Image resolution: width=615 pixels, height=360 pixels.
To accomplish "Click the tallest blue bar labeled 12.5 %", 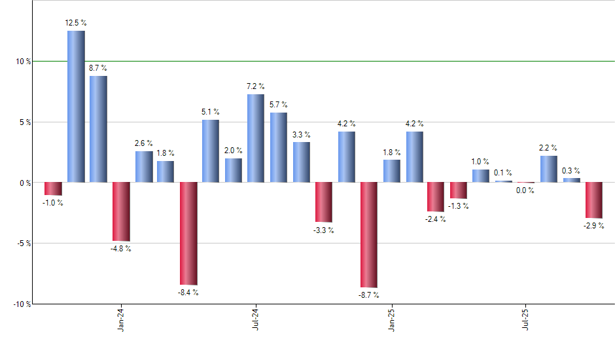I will pyautogui.click(x=76, y=107).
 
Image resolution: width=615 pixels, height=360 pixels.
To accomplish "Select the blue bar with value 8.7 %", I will pyautogui.click(x=98, y=130).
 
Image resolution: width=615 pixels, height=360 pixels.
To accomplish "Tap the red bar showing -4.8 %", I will pyautogui.click(x=121, y=211).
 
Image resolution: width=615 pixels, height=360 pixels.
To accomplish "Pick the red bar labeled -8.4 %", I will pyautogui.click(x=188, y=234).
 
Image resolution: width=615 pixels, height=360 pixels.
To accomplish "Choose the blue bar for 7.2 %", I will pyautogui.click(x=256, y=139).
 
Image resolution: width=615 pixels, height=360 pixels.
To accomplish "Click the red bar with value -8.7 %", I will pyautogui.click(x=368, y=235).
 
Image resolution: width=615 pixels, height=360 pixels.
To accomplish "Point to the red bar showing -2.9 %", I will pyautogui.click(x=593, y=200).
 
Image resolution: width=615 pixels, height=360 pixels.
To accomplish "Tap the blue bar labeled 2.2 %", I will pyautogui.click(x=549, y=169).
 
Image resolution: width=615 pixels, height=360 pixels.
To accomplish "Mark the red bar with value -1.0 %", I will pyautogui.click(x=53, y=189).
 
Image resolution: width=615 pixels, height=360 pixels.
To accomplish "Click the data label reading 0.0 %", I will pyautogui.click(x=525, y=190).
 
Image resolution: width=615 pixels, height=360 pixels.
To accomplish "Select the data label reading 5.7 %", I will pyautogui.click(x=279, y=105).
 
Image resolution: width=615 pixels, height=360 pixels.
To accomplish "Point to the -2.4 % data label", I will pyautogui.click(x=436, y=219).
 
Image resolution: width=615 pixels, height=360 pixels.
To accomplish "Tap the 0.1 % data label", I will pyautogui.click(x=503, y=173).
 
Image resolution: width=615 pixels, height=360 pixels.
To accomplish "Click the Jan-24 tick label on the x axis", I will pyautogui.click(x=121, y=320).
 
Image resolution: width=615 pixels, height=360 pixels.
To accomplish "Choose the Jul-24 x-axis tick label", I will pyautogui.click(x=256, y=320).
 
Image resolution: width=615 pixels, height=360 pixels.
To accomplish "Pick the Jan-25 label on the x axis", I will pyautogui.click(x=391, y=320).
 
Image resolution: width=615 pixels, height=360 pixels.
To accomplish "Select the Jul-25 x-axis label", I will pyautogui.click(x=526, y=320).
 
